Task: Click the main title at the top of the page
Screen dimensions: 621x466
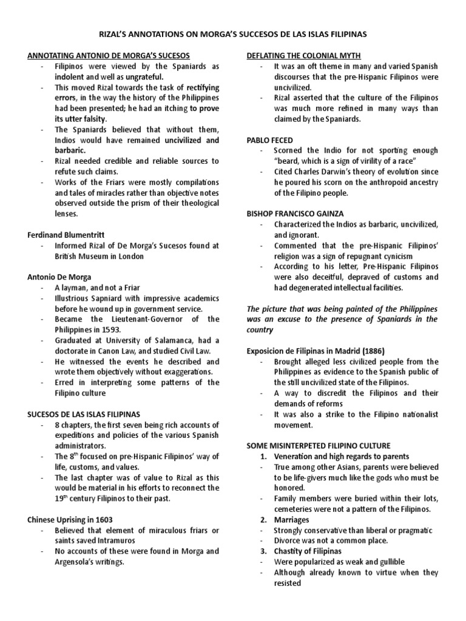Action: [233, 35]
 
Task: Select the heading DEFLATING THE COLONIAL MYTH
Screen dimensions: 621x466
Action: [304, 55]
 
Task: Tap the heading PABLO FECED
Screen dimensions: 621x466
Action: [270, 139]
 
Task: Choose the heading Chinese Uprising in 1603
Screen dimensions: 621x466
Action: [70, 519]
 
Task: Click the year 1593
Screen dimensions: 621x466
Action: [115, 329]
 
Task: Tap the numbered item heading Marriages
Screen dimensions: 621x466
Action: [291, 520]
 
